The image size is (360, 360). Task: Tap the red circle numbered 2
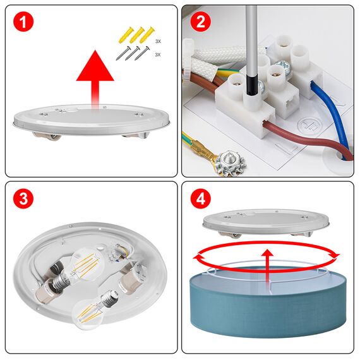point(200,23)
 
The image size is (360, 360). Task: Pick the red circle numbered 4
point(200,200)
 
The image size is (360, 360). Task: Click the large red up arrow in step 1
point(95,76)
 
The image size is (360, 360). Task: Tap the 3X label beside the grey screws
point(158,55)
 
